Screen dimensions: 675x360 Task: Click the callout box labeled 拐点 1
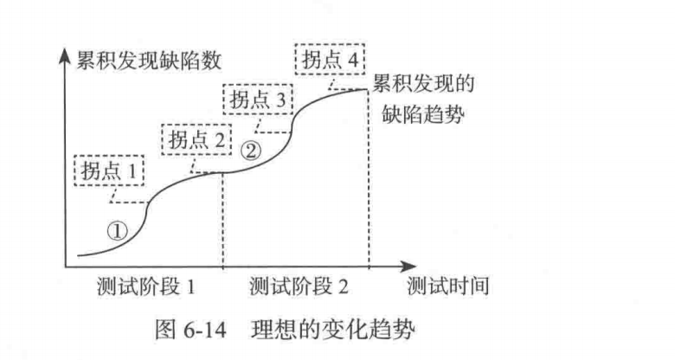tap(110, 170)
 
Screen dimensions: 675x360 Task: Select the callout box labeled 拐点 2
tap(196, 139)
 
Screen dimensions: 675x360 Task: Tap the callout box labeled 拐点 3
tap(258, 99)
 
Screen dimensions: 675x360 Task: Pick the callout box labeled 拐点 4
tap(330, 61)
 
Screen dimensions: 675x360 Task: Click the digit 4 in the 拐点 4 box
tap(352, 61)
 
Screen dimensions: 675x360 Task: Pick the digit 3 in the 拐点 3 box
tap(280, 99)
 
